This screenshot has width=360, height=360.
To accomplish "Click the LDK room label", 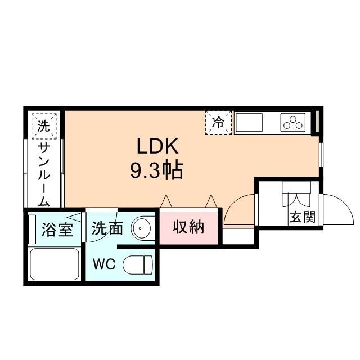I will coord(157,147).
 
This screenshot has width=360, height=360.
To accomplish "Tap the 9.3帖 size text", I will coord(157,170).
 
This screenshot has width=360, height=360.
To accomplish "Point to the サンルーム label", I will coord(44,174).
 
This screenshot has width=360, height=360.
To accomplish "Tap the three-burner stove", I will coord(293,122).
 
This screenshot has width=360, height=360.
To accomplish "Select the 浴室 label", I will coord(57,229).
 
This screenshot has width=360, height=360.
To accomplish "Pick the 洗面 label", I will coord(107,228).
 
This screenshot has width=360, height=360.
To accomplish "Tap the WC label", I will coord(105,264).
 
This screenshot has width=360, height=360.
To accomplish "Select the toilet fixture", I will coord(138,263).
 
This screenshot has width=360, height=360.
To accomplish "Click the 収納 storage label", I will coord(188,228).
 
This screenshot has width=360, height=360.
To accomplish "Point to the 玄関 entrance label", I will coord(301,217).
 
